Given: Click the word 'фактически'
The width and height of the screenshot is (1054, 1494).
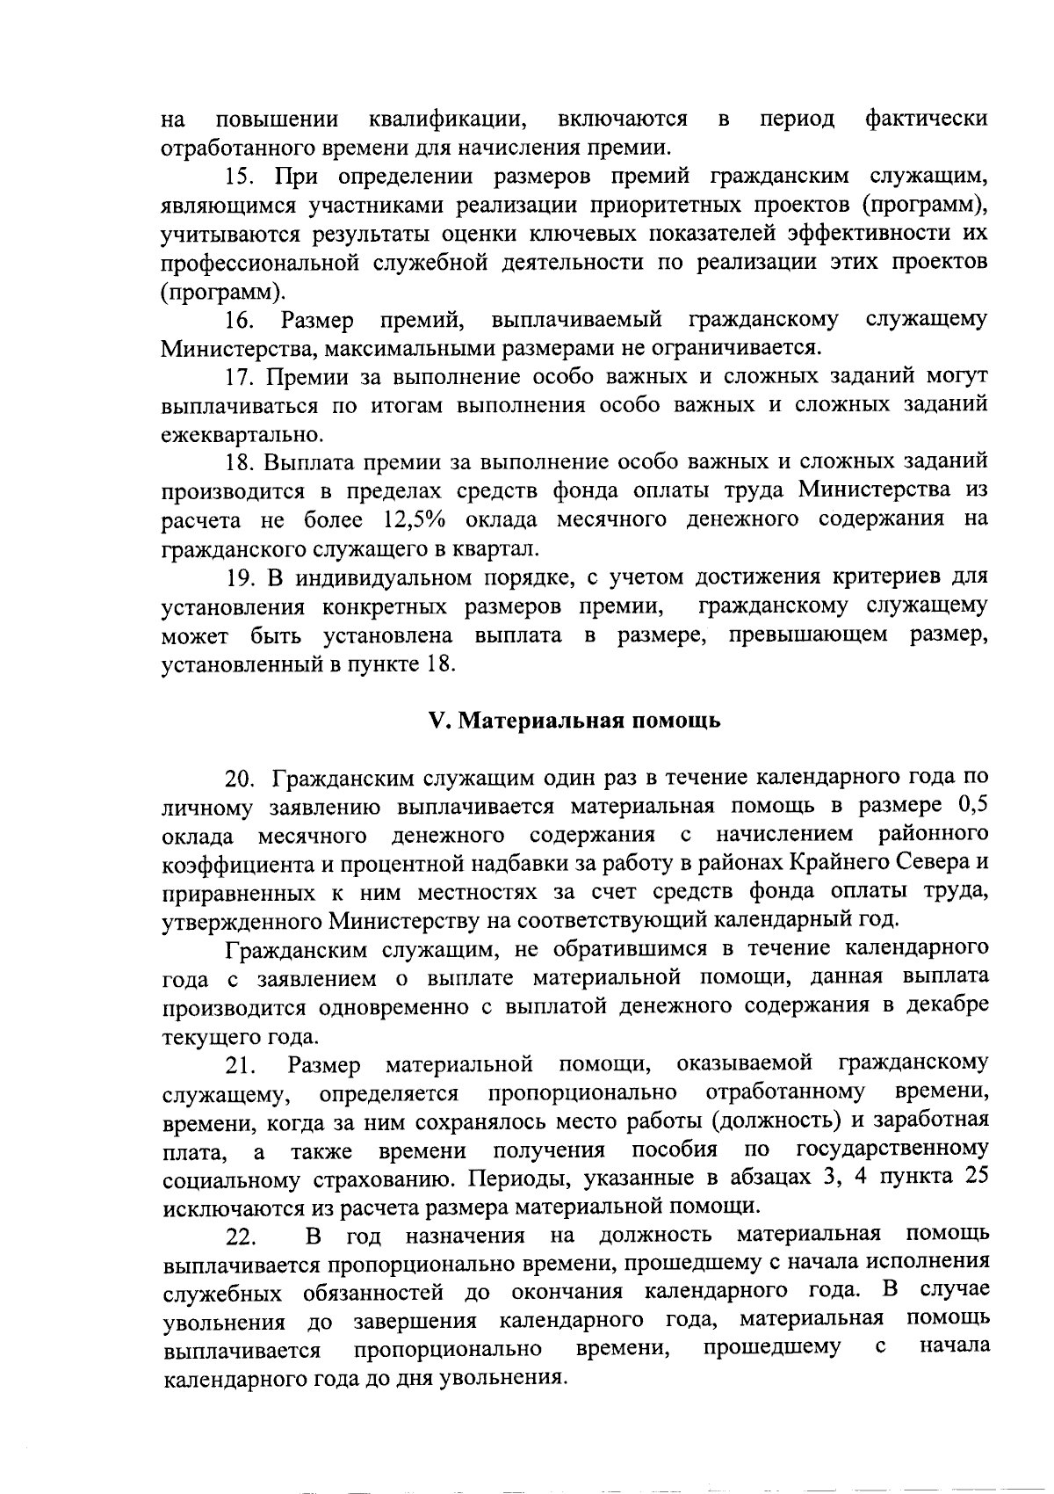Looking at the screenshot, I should pyautogui.click(x=926, y=119).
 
